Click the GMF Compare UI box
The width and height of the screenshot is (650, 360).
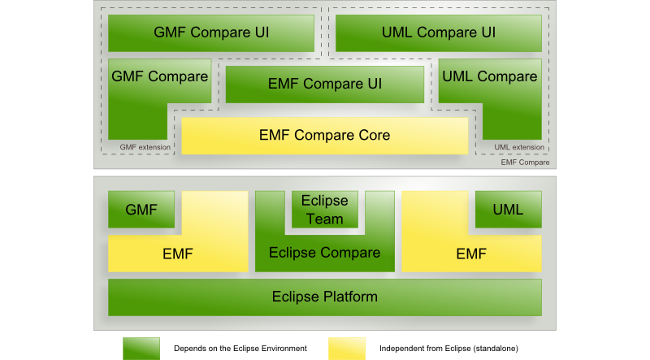click(211, 33)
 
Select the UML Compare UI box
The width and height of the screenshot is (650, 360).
click(438, 33)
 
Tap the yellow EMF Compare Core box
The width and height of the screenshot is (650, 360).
click(324, 135)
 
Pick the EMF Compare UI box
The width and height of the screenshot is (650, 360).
click(325, 83)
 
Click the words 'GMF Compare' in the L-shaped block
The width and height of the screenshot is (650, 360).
click(159, 77)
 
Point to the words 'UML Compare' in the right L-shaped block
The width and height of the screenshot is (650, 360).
click(490, 77)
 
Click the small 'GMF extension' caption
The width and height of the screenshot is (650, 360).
click(145, 147)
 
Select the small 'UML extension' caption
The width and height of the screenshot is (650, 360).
click(518, 147)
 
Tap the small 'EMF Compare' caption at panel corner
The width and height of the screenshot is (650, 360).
click(525, 163)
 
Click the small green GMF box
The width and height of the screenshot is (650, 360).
click(141, 210)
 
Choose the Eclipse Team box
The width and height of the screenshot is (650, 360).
click(324, 210)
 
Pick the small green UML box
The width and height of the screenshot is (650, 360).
click(508, 210)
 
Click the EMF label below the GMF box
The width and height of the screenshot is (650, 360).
click(177, 254)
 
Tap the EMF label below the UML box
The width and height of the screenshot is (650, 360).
click(471, 254)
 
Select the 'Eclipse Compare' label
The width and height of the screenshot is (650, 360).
click(324, 253)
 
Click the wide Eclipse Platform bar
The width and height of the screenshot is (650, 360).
click(324, 297)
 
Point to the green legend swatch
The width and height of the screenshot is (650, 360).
click(141, 348)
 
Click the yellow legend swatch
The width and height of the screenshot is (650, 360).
click(347, 348)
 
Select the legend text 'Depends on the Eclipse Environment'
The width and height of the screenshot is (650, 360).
click(240, 348)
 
